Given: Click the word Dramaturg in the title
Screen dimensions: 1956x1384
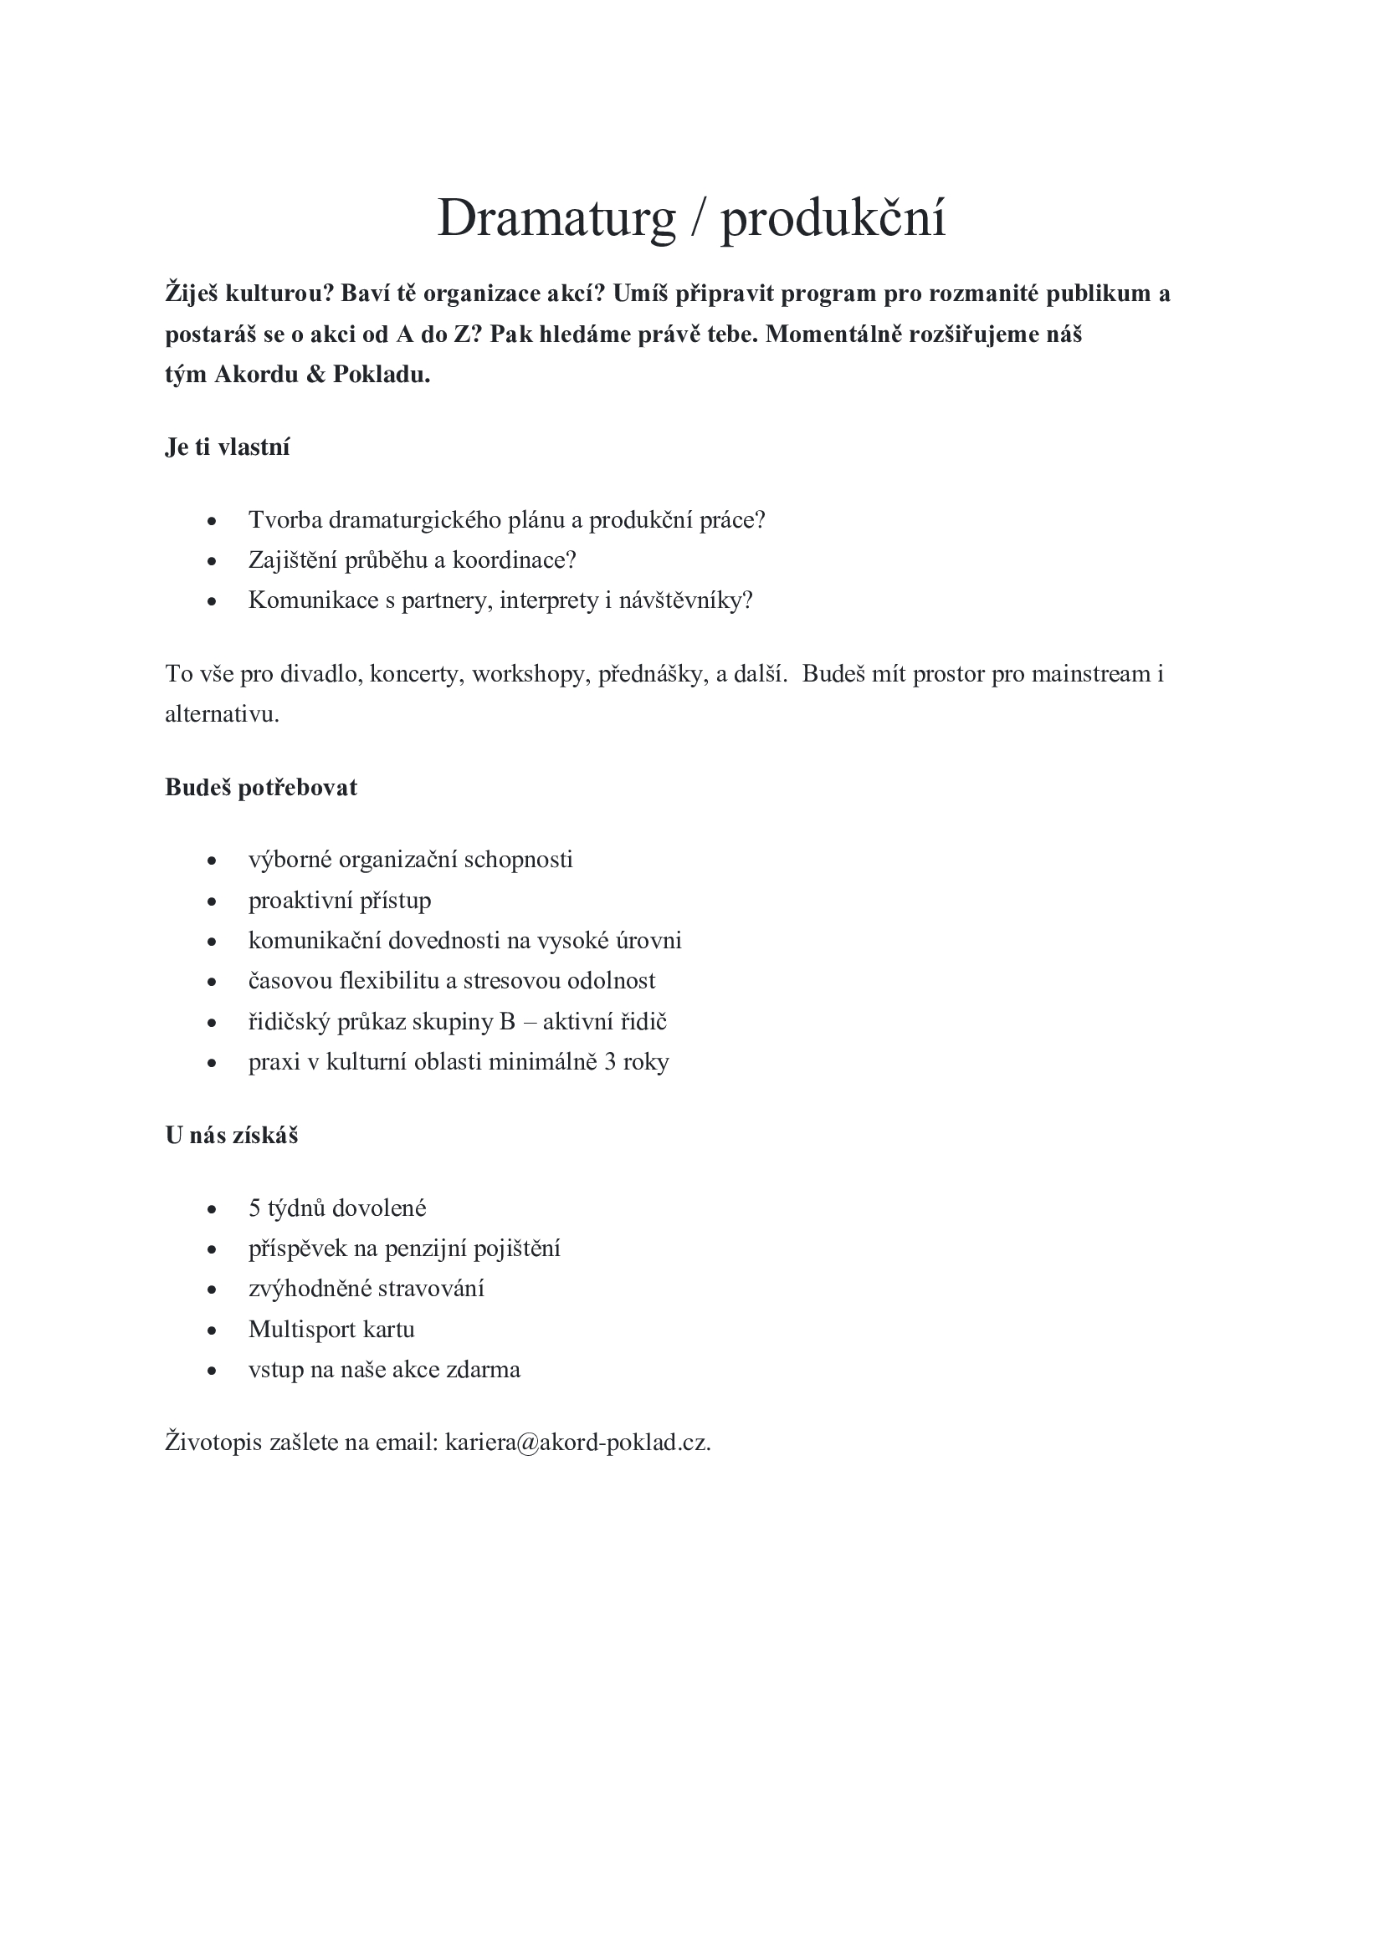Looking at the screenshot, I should [556, 218].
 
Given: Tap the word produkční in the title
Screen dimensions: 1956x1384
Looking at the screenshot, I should [833, 218].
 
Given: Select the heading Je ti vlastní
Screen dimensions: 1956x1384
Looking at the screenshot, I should [228, 447].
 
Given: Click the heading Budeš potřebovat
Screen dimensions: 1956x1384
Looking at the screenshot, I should [261, 787].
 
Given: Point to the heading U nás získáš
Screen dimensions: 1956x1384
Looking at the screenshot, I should [232, 1136].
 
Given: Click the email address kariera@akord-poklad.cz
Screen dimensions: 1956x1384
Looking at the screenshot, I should [577, 1443].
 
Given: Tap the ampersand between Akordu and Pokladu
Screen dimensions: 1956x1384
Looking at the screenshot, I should [315, 375].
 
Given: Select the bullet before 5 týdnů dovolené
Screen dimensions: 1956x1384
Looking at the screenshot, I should [213, 1209].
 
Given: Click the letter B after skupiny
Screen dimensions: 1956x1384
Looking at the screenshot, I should [507, 1021].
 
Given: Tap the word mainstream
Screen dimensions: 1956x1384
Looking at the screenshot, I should [1091, 674].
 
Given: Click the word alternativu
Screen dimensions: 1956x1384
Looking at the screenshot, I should [222, 714].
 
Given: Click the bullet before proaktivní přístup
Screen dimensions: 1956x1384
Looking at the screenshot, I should [213, 901].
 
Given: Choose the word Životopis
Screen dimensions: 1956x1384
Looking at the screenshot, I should [213, 1443].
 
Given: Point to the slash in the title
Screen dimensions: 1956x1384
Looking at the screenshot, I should [698, 218].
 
